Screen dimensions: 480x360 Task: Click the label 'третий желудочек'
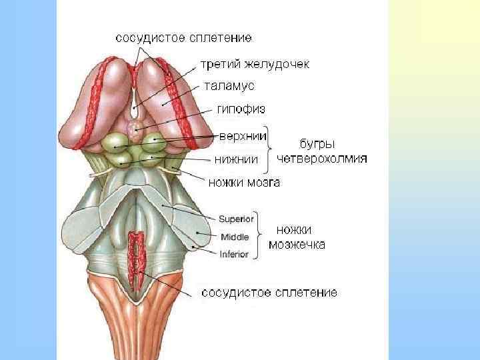click(x=255, y=65)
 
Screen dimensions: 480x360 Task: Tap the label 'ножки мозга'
click(x=244, y=181)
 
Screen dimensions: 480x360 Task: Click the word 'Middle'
click(x=235, y=236)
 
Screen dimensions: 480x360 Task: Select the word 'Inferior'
click(x=234, y=254)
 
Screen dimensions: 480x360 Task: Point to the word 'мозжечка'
click(x=297, y=245)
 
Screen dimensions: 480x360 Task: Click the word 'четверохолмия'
click(x=322, y=159)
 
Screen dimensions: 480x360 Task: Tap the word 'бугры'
click(x=315, y=143)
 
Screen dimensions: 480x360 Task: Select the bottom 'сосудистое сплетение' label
click(x=269, y=292)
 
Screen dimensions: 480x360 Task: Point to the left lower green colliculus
click(x=122, y=158)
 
